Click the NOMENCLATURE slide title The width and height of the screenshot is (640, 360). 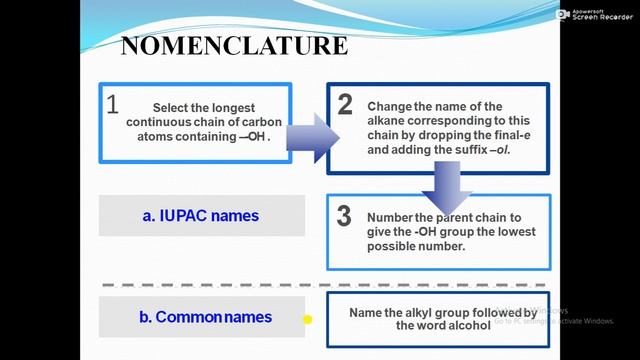(234, 46)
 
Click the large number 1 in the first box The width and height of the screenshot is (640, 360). (113, 104)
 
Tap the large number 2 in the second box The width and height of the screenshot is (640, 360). (345, 104)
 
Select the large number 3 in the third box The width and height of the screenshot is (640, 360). (344, 216)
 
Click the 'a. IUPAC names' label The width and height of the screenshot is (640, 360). (201, 215)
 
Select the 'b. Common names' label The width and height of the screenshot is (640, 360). (205, 317)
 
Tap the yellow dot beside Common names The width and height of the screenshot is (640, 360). (309, 320)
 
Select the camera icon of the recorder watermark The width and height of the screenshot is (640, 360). (563, 14)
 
